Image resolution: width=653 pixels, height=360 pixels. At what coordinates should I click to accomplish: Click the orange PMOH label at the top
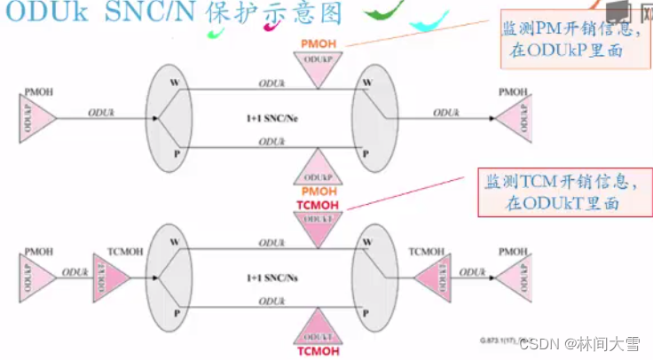tap(317, 42)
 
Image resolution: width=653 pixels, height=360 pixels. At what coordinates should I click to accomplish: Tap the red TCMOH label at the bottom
tap(317, 350)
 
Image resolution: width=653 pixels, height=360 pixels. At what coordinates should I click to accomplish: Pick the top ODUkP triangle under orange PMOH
tap(317, 67)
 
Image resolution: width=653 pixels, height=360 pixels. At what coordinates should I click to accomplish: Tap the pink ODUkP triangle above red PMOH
tap(317, 165)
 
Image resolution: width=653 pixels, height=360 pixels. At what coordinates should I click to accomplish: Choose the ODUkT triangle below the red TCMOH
tap(317, 228)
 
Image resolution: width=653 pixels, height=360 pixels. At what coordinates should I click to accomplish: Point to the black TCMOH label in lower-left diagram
tap(124, 253)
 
